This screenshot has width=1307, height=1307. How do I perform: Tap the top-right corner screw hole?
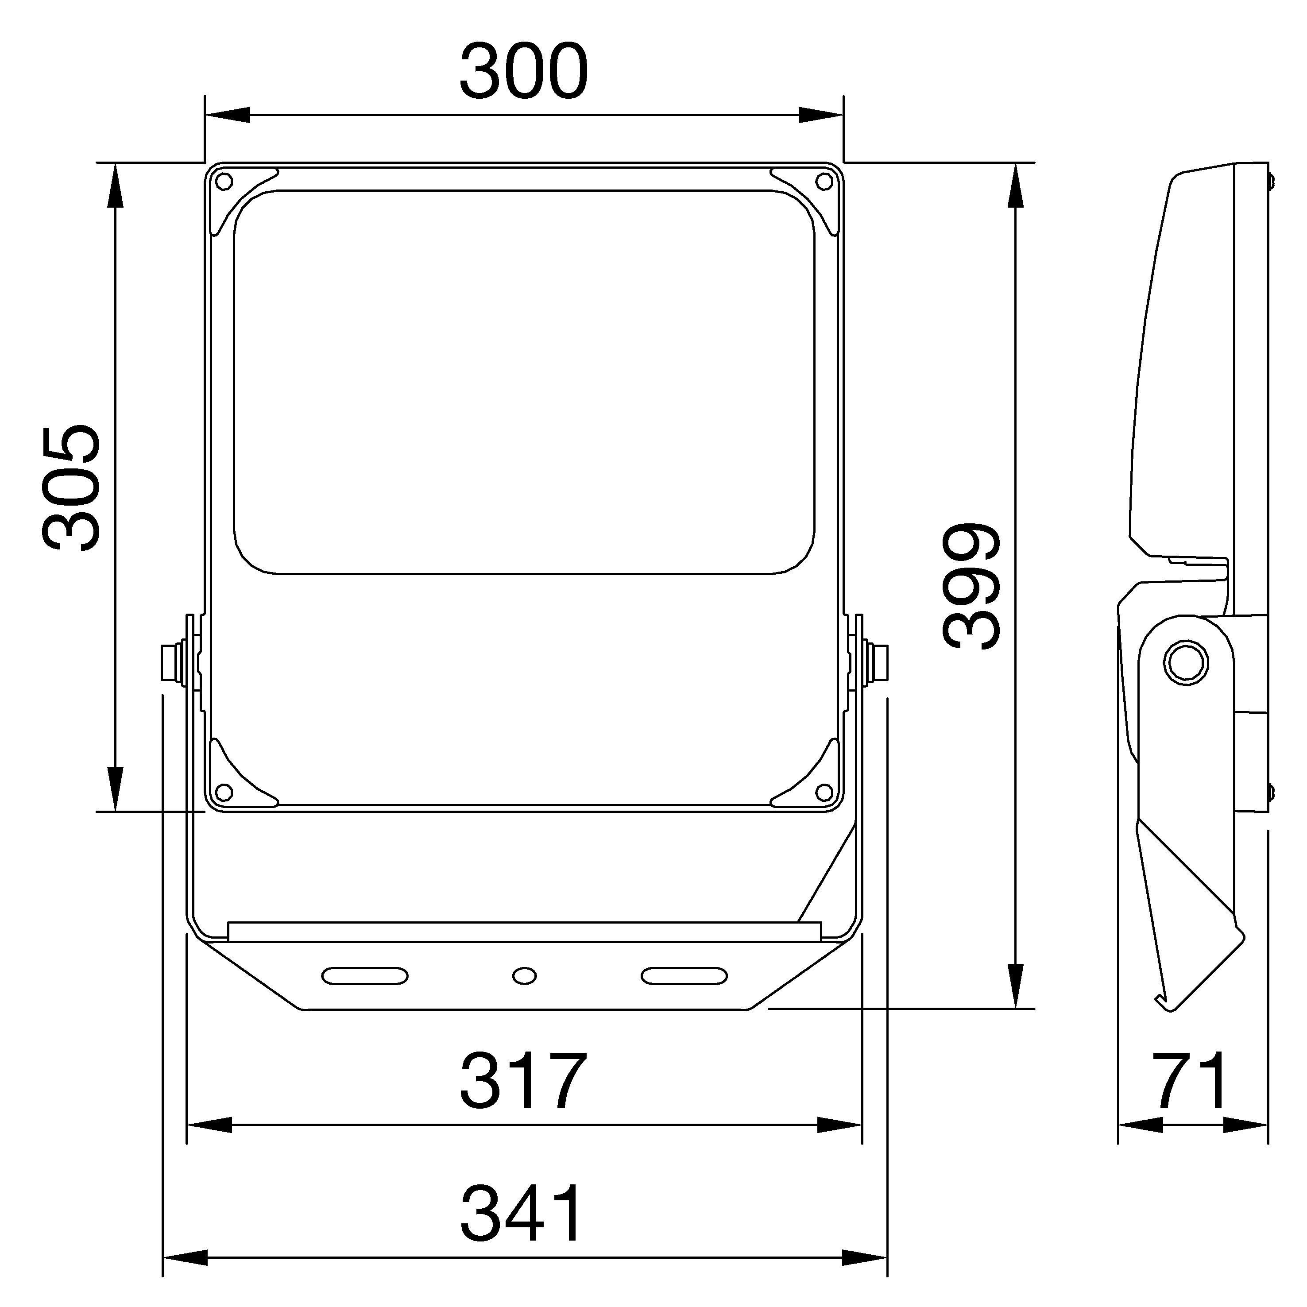824,181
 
